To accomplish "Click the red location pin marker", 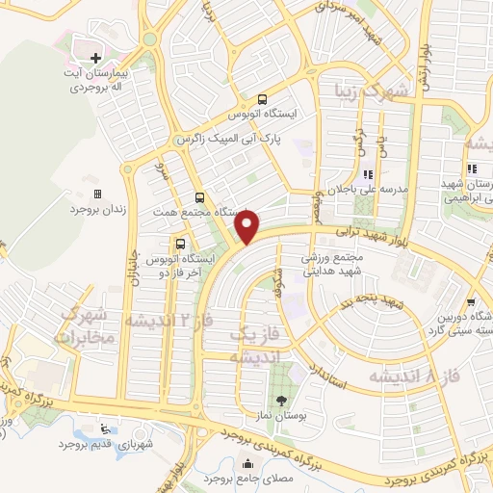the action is click(247, 227).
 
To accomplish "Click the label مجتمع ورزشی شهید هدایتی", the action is click(338, 264).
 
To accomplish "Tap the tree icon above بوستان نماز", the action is click(280, 401).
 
